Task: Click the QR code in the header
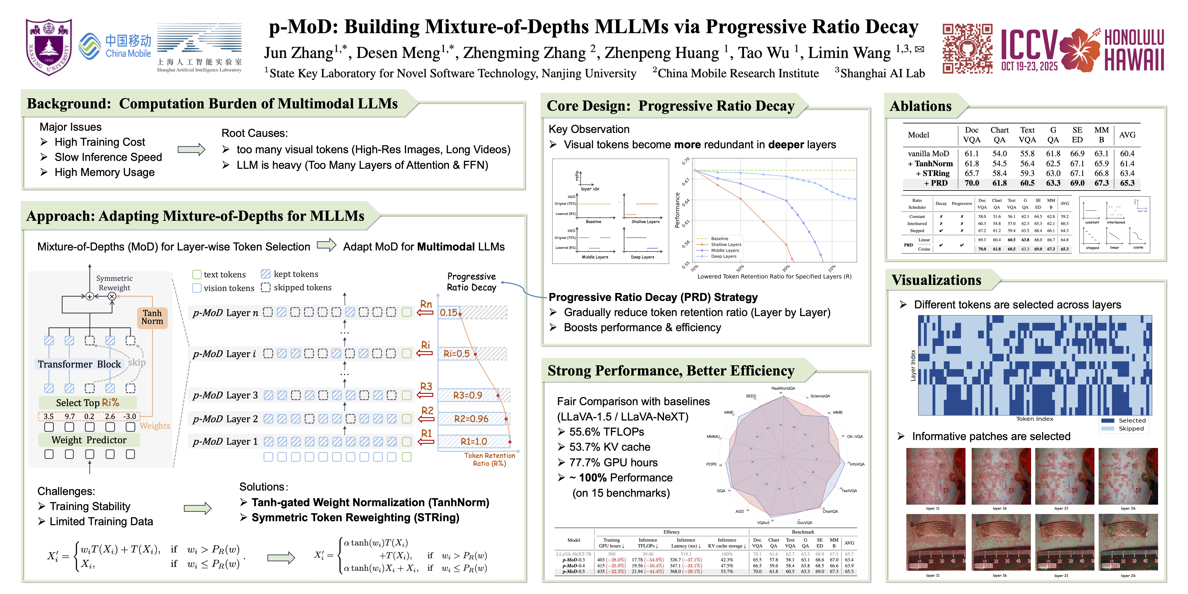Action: [x=967, y=49]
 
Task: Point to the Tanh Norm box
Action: [x=152, y=317]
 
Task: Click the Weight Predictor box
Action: [x=89, y=440]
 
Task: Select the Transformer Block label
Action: [x=79, y=364]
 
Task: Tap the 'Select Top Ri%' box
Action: [x=88, y=403]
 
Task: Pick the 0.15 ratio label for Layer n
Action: [x=448, y=313]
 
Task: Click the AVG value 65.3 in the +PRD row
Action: [x=1127, y=183]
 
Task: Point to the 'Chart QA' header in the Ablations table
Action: [x=999, y=135]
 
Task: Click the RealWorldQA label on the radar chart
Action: [x=783, y=388]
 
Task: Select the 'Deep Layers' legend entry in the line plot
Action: [x=723, y=256]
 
